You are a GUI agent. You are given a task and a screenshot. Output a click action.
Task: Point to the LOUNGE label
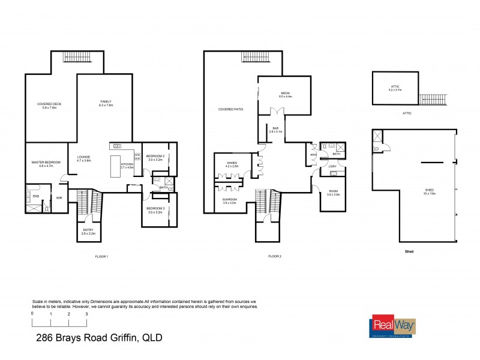tap(83, 159)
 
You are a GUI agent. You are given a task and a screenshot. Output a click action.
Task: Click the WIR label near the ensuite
tap(59, 197)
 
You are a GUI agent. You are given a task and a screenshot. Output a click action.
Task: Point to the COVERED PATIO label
tap(230, 110)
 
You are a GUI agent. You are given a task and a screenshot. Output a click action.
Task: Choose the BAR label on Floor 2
tap(276, 129)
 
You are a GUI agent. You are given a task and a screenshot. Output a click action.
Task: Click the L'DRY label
tap(332, 166)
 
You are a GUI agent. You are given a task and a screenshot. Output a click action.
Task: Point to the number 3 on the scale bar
tap(86, 314)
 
